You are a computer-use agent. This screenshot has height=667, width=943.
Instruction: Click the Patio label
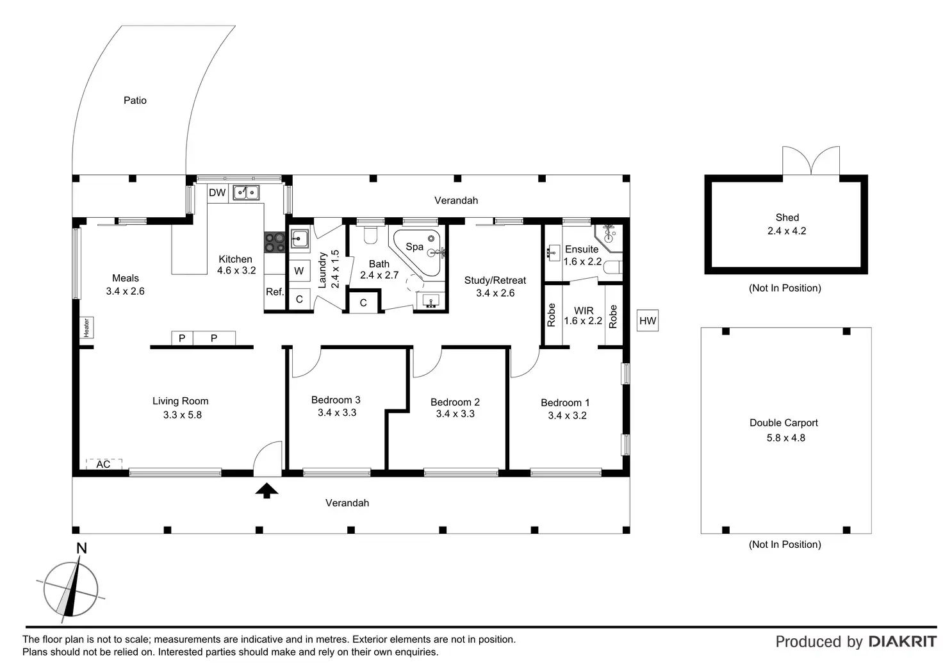[x=135, y=100]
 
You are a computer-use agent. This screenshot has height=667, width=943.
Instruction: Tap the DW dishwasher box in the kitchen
[x=217, y=193]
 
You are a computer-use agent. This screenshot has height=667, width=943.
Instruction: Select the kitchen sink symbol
[x=246, y=192]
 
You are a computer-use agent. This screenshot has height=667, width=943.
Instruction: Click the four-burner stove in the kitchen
[x=274, y=242]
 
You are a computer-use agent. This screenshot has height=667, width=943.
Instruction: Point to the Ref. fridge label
[x=275, y=292]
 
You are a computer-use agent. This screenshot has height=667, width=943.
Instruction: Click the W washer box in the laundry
[x=299, y=271]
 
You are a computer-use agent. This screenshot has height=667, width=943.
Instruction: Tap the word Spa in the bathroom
[x=414, y=247]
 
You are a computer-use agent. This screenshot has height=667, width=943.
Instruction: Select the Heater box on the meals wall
[x=86, y=327]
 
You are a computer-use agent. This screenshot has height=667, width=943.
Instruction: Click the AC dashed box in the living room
[x=104, y=464]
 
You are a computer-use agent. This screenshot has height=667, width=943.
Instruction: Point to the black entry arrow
[x=266, y=491]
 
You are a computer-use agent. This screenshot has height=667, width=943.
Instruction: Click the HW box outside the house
[x=648, y=321]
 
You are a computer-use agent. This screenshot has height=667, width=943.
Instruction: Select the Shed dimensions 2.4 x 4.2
[x=787, y=231]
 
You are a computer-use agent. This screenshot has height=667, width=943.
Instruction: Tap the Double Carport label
[x=783, y=423]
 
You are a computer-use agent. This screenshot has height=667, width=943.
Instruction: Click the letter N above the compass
[x=81, y=548]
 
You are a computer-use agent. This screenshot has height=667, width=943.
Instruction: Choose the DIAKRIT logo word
[x=903, y=641]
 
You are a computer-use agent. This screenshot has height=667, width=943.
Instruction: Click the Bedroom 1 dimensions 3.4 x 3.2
[x=567, y=416]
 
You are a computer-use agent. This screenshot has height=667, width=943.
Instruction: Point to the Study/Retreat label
[x=495, y=281]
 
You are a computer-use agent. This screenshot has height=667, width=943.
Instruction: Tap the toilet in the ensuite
[x=612, y=267]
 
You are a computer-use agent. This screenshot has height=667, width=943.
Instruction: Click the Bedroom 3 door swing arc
[x=311, y=368]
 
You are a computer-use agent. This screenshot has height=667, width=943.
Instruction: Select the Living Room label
[x=180, y=401]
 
